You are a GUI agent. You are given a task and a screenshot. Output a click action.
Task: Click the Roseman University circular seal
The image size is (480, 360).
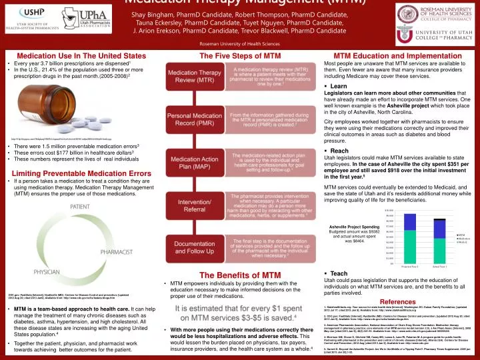coord(397,12)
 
